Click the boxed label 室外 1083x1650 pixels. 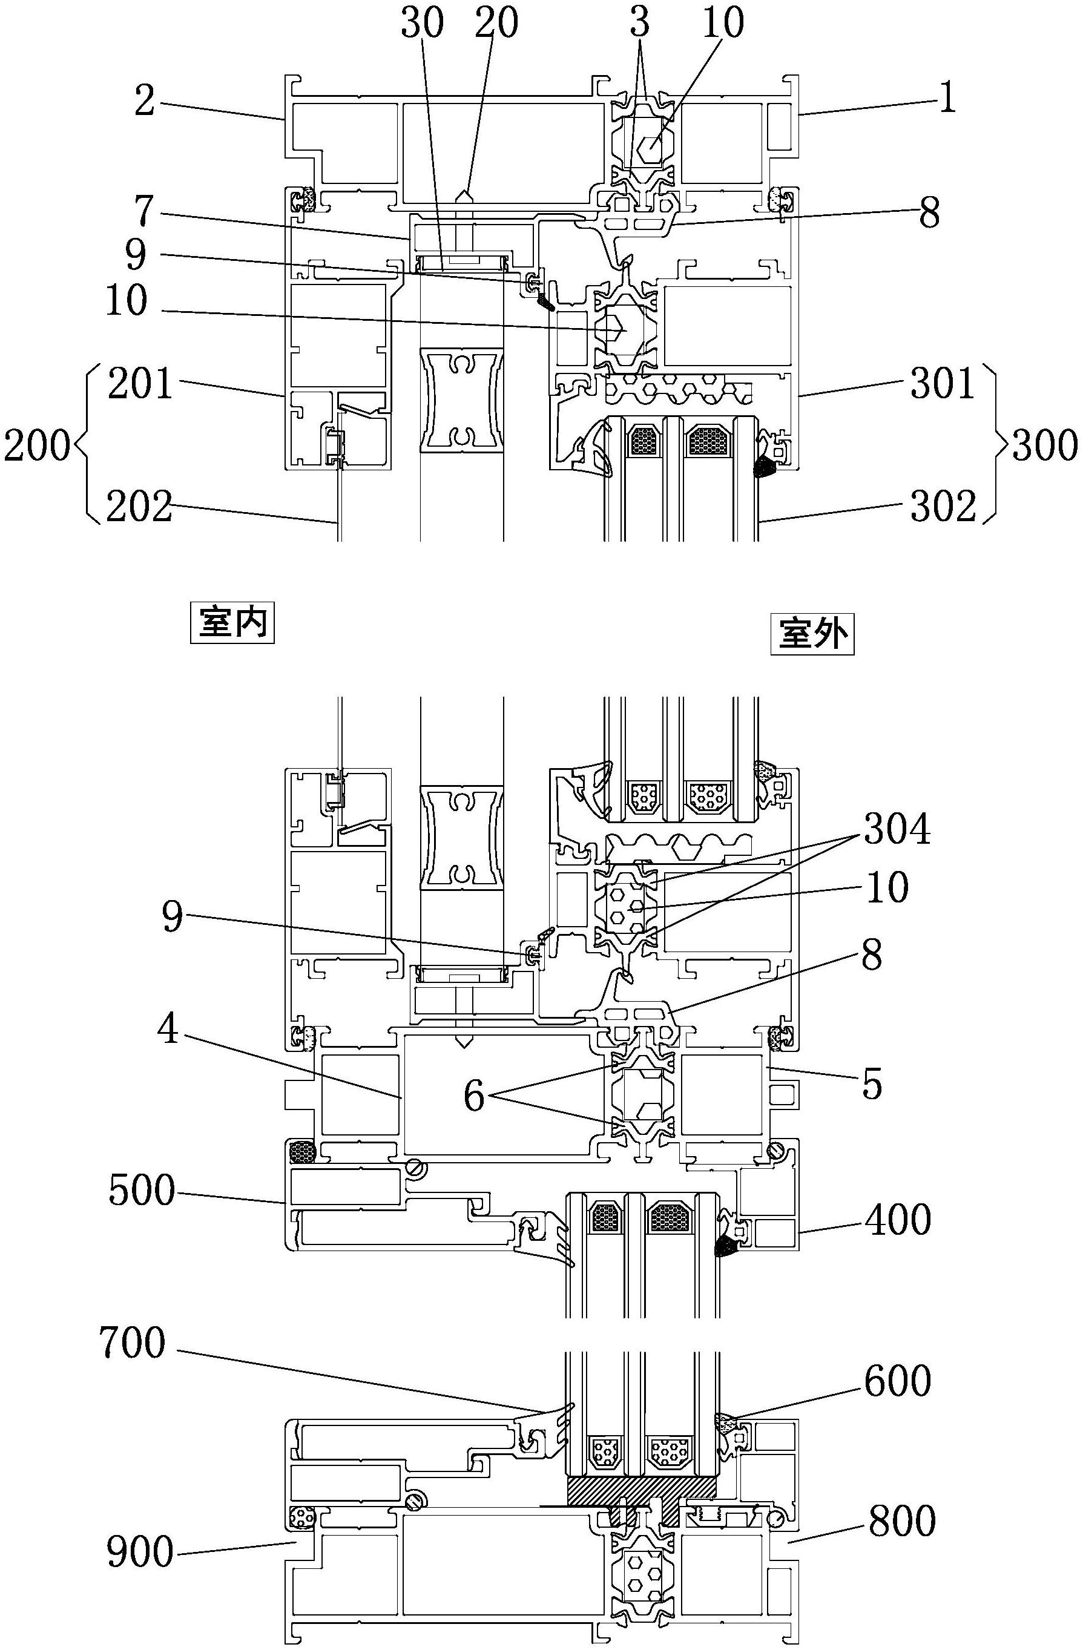(812, 634)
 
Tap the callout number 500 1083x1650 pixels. (142, 1189)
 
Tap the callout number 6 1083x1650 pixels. (473, 1096)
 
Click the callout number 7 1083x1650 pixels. (143, 211)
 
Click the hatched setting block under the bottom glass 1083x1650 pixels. (641, 1491)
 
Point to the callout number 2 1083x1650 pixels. (144, 101)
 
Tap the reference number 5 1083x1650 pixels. (872, 1083)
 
